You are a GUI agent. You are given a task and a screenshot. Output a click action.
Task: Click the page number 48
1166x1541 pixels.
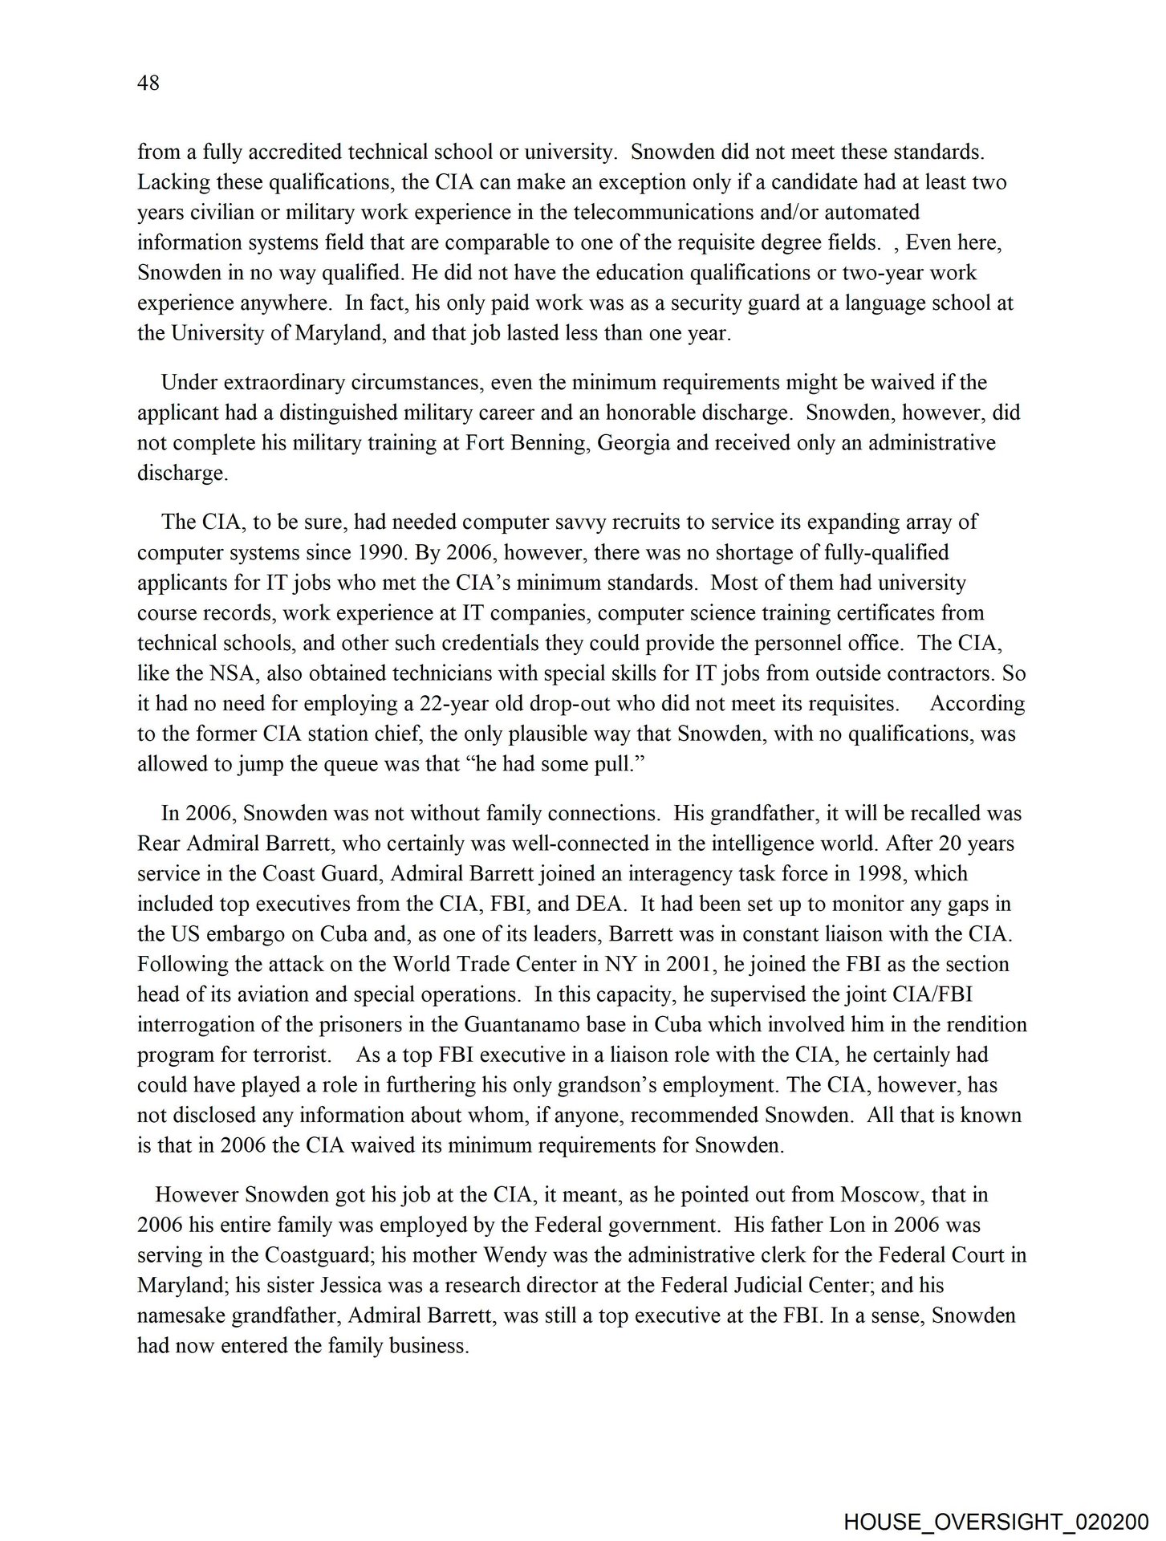pos(148,83)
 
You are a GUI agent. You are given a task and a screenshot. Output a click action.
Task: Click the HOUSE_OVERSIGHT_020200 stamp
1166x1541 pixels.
pos(996,1521)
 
